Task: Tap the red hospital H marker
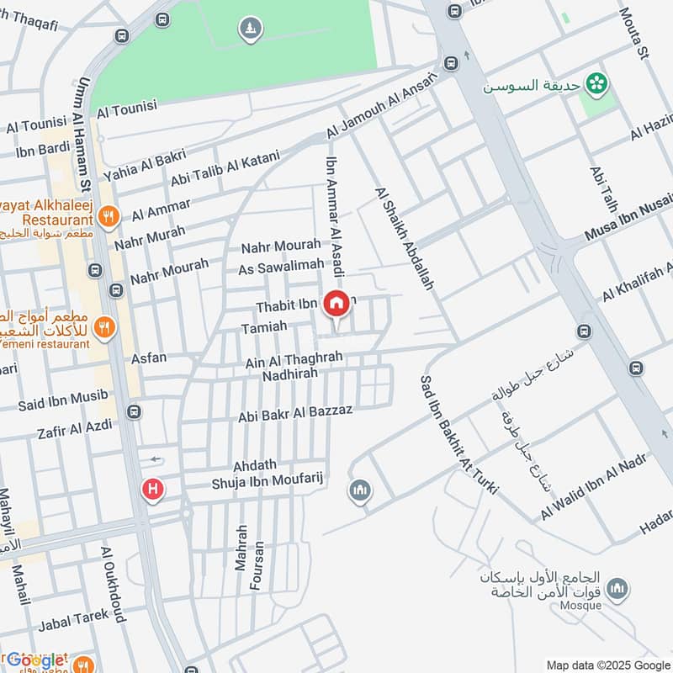coord(152,489)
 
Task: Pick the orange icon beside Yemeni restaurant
coord(104,326)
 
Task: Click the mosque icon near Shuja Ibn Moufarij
coord(360,490)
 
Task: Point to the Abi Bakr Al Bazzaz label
coord(294,411)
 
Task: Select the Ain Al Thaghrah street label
coord(294,359)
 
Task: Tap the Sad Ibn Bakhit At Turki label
coord(458,433)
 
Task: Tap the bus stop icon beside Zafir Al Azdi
coord(133,412)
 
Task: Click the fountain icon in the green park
coord(250,29)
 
